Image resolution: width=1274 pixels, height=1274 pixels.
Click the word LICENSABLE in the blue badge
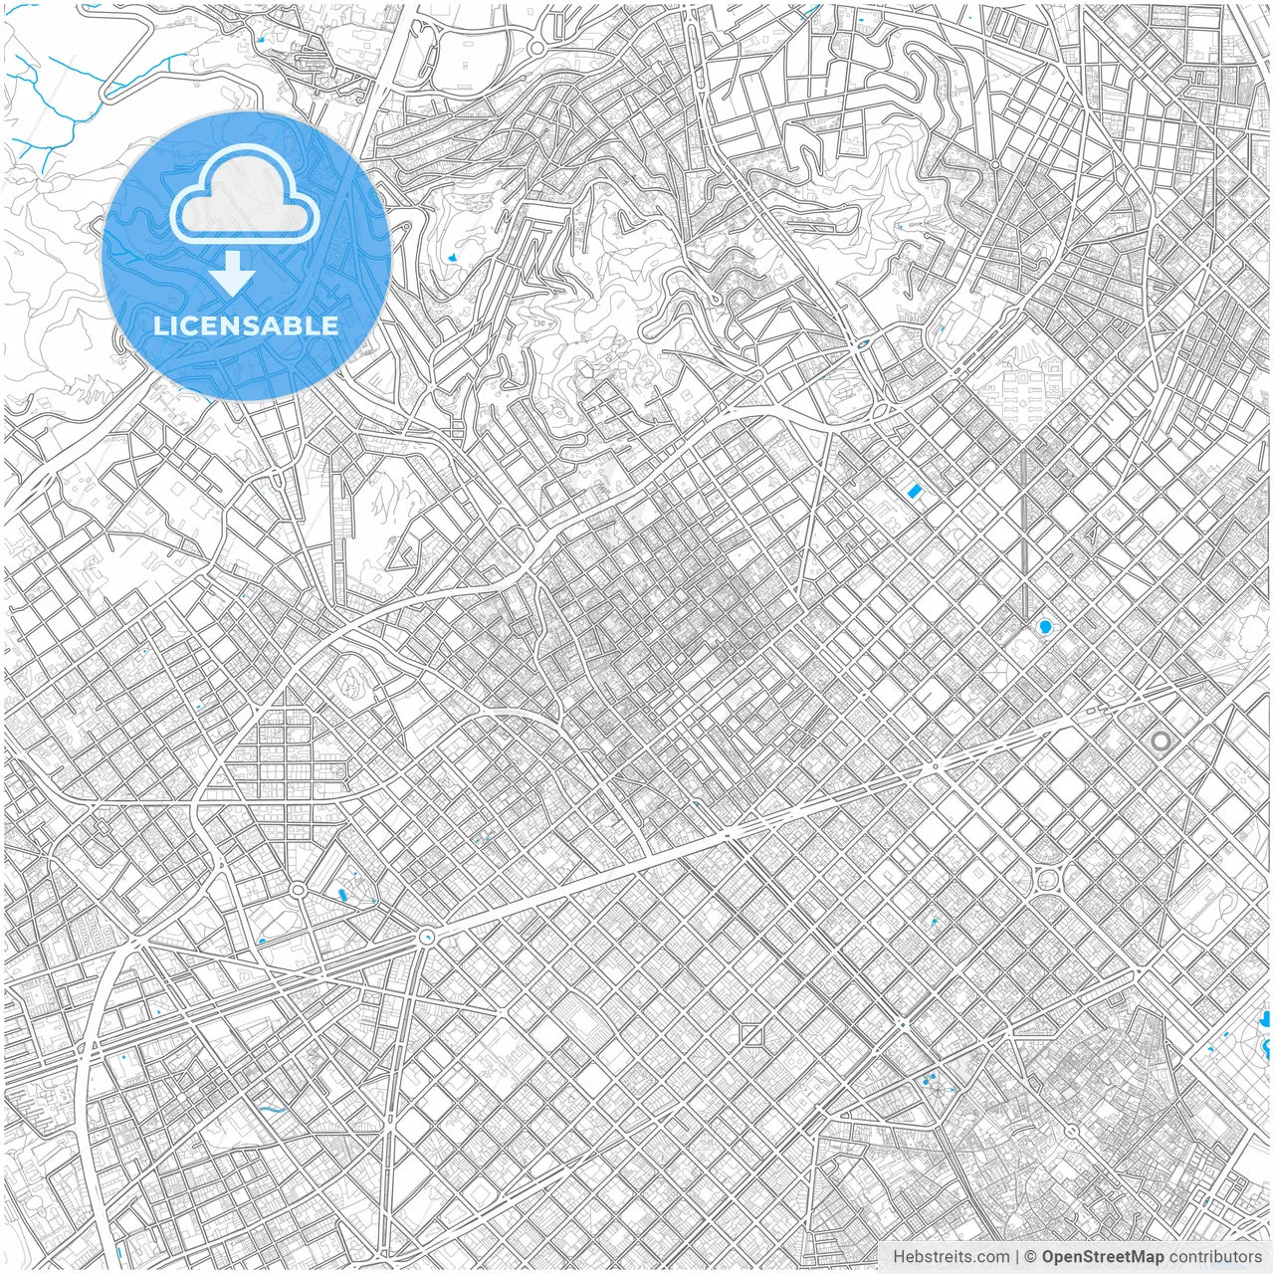[x=246, y=325]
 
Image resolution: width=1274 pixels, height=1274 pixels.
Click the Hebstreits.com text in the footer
[x=937, y=1257]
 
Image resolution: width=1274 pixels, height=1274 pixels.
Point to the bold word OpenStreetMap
[x=1103, y=1257]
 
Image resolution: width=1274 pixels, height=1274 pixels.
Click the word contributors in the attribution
[x=1215, y=1257]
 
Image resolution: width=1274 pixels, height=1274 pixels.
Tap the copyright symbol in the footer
[x=1031, y=1257]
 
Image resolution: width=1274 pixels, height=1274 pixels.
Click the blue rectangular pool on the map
[x=914, y=490]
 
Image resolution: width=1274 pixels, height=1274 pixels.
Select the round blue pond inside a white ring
[x=1044, y=627]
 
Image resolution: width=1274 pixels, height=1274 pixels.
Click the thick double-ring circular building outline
[x=1161, y=741]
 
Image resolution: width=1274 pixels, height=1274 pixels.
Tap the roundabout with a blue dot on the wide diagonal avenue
[x=426, y=935]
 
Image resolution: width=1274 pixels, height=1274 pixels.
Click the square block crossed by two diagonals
[x=752, y=1035]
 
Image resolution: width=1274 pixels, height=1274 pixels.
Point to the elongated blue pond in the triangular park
[x=343, y=895]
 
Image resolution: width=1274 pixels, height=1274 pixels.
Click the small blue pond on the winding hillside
[x=454, y=257]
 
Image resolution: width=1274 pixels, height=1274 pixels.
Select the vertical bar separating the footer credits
[x=1016, y=1257]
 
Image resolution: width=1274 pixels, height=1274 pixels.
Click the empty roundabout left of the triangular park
[x=297, y=889]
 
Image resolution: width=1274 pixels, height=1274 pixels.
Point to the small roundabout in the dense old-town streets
[x=1071, y=1132]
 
